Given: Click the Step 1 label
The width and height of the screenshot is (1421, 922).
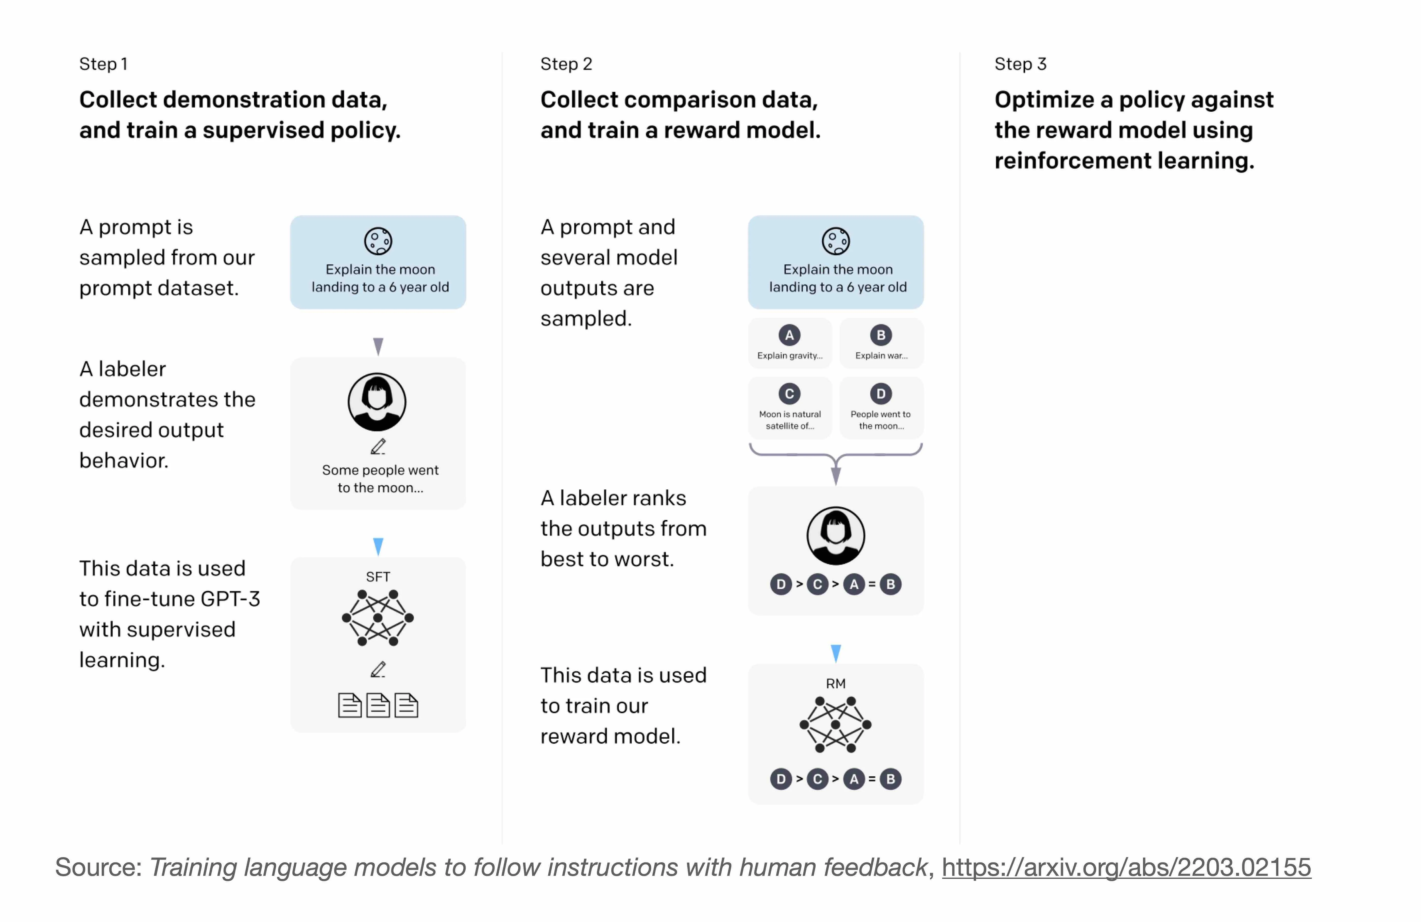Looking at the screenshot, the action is point(103,64).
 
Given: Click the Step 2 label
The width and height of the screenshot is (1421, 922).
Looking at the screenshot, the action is point(566,64).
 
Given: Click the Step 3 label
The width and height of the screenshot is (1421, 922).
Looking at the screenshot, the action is point(1020,64).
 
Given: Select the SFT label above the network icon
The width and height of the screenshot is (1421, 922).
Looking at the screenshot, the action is point(378,577).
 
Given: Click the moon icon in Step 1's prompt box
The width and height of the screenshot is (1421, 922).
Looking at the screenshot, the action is point(378,241).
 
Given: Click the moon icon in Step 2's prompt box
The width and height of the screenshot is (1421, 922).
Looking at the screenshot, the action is point(836,241).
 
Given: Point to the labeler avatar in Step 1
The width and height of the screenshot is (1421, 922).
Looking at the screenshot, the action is point(377,402).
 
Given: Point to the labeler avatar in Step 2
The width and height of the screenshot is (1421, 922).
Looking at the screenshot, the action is point(836,536).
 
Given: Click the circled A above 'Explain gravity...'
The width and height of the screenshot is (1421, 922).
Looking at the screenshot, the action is point(789,335).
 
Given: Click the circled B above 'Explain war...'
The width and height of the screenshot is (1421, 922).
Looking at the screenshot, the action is point(881,335).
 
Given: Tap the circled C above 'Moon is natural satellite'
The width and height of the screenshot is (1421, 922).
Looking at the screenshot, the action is point(789,394).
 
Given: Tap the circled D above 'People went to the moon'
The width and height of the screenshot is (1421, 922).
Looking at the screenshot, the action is point(881,394).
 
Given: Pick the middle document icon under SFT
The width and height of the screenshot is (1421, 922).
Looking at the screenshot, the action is point(378,705).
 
